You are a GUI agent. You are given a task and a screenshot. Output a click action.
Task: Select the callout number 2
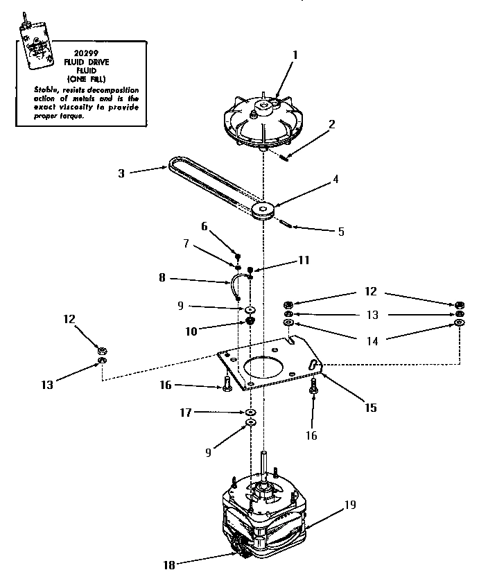tap(332, 125)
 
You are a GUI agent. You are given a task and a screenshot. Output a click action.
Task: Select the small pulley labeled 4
tap(265, 209)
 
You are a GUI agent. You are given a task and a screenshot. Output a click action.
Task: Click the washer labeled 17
tap(249, 413)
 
